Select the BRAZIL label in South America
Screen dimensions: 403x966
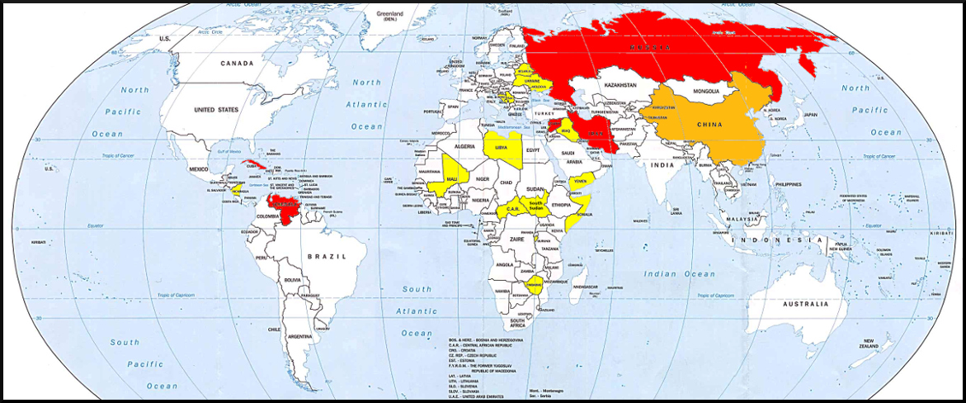(324, 257)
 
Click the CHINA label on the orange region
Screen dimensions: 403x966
(709, 126)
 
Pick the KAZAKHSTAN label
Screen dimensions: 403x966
(621, 86)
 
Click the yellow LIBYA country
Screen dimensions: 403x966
(502, 148)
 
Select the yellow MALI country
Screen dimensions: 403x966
(451, 178)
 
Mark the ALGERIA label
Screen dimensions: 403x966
(466, 145)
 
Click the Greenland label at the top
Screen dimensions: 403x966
(390, 14)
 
